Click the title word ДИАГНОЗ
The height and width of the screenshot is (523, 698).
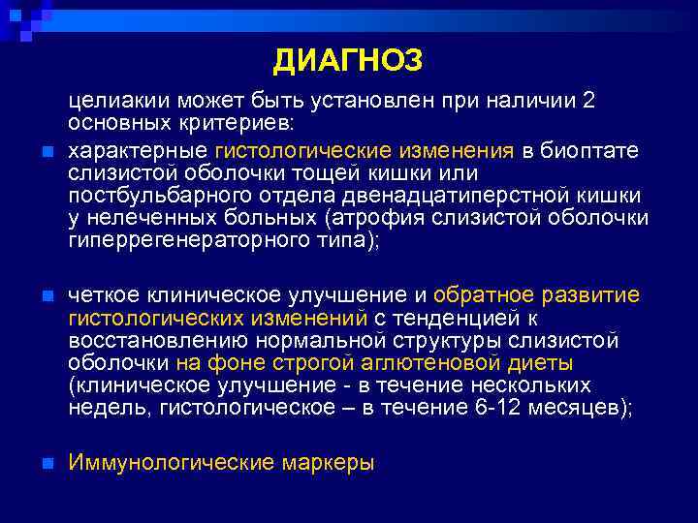click(x=348, y=62)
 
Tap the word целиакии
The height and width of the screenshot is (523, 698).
click(x=111, y=102)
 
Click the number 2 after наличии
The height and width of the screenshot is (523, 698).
click(x=587, y=102)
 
